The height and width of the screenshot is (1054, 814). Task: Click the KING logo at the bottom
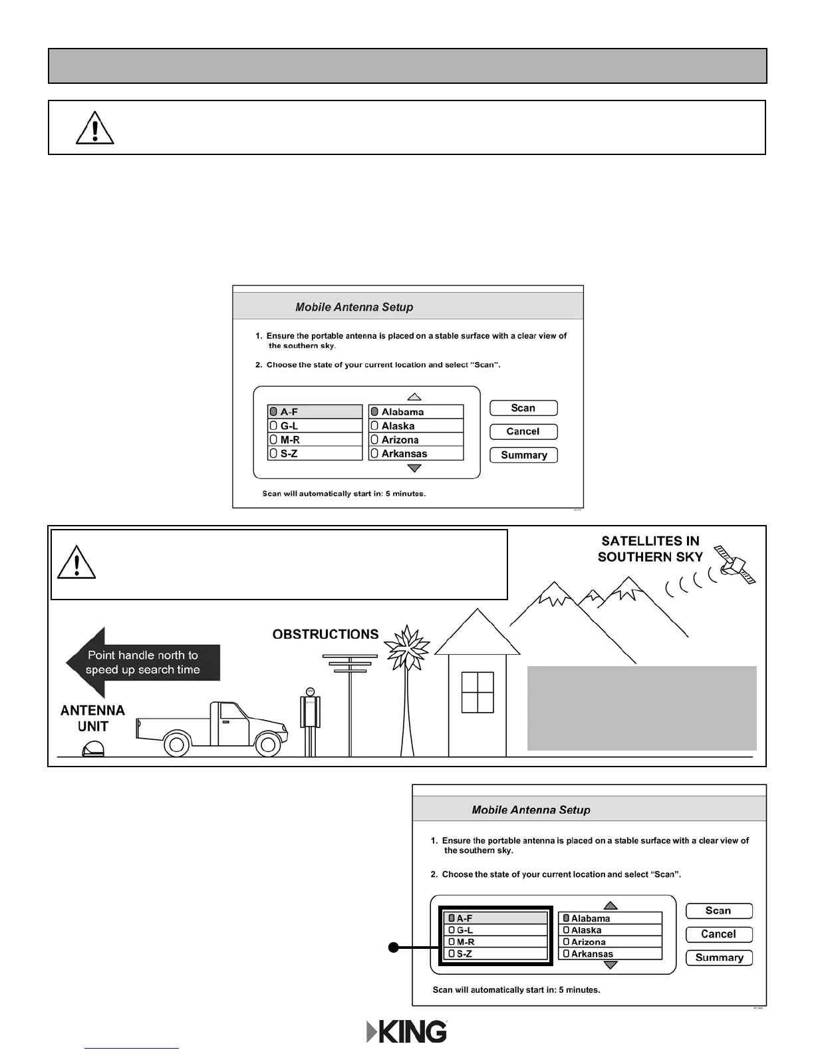(x=407, y=1031)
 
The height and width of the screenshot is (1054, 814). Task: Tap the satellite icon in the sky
(x=734, y=563)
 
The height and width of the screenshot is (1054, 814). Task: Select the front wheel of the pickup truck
(x=267, y=744)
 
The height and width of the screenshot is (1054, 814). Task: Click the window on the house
(x=477, y=692)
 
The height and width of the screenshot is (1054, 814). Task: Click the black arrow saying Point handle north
(x=142, y=663)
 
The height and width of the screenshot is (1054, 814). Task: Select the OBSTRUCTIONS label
(x=325, y=634)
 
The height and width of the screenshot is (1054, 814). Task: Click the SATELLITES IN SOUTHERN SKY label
(x=650, y=549)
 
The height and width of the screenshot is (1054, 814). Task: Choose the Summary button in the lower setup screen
(x=719, y=958)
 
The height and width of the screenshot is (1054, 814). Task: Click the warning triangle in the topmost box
(x=95, y=128)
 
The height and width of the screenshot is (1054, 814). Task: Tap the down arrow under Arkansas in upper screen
(x=414, y=468)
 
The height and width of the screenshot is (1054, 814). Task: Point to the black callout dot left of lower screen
(x=394, y=948)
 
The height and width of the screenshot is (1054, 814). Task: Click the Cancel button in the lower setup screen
(x=719, y=934)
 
